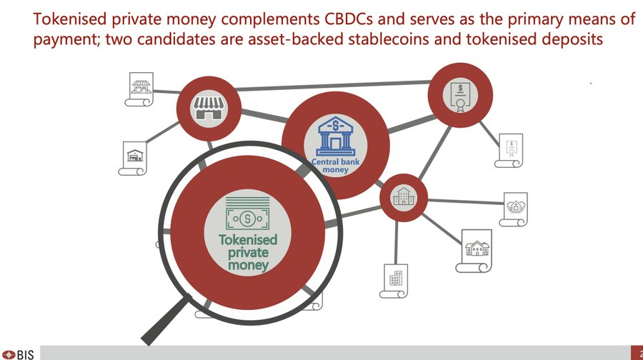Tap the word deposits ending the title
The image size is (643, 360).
[572, 39]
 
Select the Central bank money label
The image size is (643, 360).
[330, 166]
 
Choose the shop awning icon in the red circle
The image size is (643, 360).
[206, 109]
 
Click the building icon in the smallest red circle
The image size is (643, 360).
[403, 196]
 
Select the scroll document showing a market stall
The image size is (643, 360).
[141, 89]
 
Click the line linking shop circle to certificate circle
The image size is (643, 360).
[329, 89]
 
